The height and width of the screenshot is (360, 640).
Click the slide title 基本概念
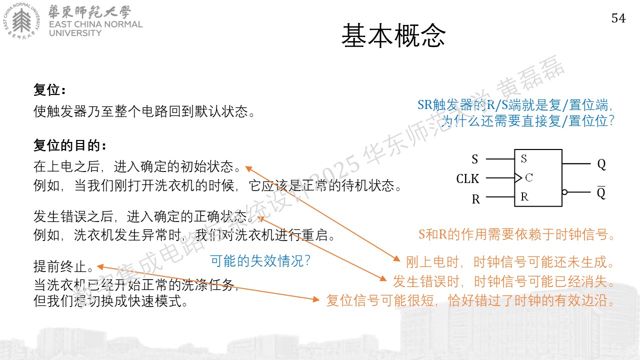pos(393,35)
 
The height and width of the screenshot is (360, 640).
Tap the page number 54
pos(618,18)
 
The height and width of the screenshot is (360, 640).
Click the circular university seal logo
pos(21,21)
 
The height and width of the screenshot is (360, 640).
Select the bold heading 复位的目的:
pos(70,145)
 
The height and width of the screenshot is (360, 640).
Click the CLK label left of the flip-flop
pos(467,179)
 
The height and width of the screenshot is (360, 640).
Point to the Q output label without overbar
pos(601,164)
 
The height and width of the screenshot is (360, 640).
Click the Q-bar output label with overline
pos(601,193)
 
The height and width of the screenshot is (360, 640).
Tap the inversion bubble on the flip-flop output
pos(564,192)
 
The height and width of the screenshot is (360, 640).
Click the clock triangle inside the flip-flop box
pos(518,177)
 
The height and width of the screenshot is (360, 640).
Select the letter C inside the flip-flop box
pos(529,177)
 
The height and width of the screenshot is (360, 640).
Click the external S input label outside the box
pos(475,159)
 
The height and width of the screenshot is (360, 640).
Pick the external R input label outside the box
pos(475,199)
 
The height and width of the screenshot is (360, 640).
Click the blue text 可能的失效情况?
pos(260,261)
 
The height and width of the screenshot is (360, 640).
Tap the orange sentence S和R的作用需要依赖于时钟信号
pos(516,234)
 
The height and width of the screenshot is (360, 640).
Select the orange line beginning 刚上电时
pos(509,262)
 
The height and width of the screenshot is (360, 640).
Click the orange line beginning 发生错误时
pos(503,281)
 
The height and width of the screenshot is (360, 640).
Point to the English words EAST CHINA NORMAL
pos(95,24)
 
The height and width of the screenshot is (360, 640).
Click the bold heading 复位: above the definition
pos(49,90)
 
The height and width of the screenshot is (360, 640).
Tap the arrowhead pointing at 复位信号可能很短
pos(316,299)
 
